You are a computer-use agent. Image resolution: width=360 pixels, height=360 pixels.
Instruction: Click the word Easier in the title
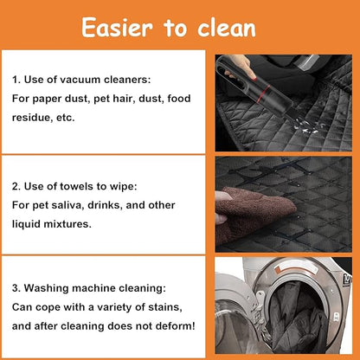[117, 28]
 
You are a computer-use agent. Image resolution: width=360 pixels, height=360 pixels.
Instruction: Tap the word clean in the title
[227, 28]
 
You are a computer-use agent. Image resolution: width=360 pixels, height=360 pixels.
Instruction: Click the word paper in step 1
[48, 100]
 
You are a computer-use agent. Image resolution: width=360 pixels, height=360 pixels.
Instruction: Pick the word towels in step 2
[77, 186]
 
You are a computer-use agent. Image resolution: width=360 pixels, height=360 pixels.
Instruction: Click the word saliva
[67, 205]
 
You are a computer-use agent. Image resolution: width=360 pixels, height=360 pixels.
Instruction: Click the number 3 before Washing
[15, 288]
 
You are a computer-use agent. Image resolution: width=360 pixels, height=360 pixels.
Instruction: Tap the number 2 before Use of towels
[16, 186]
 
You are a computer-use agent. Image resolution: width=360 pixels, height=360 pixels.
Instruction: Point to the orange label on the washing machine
[278, 271]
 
